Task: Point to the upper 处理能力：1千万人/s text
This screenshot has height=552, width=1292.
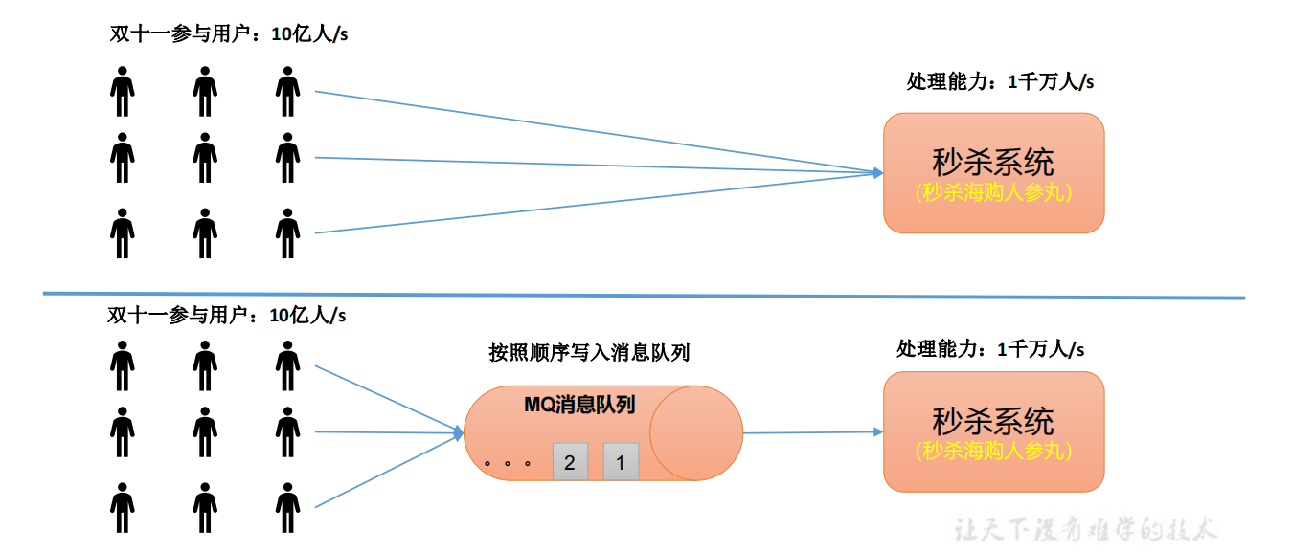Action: pos(1000,82)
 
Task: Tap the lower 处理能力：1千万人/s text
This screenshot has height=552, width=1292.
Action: pos(990,350)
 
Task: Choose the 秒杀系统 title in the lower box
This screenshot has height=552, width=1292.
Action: pos(993,421)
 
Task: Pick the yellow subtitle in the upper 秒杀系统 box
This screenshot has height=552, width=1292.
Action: pos(993,191)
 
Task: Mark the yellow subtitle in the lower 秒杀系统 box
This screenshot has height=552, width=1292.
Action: pos(993,450)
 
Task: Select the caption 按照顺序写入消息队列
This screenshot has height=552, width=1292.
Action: pos(589,353)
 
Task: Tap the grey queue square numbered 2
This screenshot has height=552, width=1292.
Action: pos(570,463)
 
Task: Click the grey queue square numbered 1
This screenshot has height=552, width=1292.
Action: pos(621,463)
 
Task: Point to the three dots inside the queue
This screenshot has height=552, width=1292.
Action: pos(508,464)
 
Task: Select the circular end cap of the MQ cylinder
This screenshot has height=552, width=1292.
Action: pos(696,433)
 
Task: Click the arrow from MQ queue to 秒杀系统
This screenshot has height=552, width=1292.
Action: pos(809,432)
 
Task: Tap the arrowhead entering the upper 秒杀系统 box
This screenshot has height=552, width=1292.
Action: pos(876,173)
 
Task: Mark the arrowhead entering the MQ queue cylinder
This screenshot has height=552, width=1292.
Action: pos(458,433)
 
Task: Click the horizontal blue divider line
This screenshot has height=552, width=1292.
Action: pos(642,295)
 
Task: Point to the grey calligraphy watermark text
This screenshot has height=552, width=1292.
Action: pos(1084,528)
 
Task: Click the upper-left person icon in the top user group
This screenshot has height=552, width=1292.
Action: pos(122,92)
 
